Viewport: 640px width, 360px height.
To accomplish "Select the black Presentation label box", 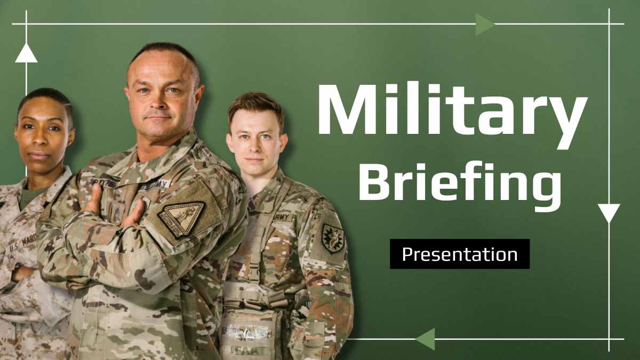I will point(459,254).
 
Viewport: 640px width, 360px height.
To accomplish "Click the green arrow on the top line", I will point(484,24).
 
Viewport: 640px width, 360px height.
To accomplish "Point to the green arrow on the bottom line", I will point(426,339).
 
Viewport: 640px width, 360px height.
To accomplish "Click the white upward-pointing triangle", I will point(26,53).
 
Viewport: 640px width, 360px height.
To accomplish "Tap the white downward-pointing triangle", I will point(609,212).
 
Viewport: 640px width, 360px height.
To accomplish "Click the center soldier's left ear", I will point(198,97).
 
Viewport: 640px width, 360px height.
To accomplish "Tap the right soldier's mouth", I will point(254,158).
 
